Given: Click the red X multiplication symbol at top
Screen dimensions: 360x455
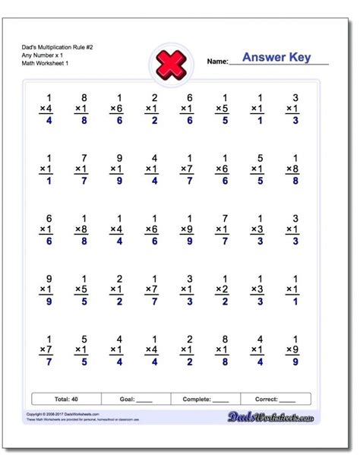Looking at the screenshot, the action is click(x=170, y=63).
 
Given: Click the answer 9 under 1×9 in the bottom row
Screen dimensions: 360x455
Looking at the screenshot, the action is click(x=291, y=362).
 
